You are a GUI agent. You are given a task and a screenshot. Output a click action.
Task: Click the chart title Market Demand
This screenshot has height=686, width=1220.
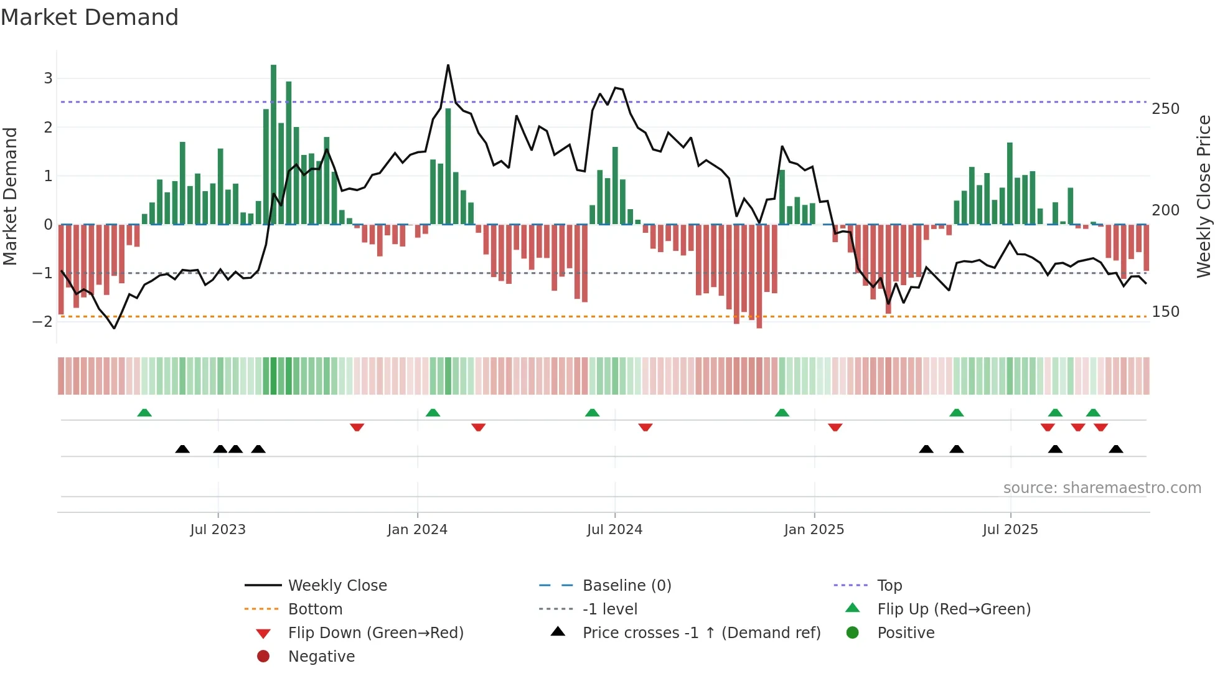tap(90, 17)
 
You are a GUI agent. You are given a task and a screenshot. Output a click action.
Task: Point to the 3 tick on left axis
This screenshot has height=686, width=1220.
tap(48, 78)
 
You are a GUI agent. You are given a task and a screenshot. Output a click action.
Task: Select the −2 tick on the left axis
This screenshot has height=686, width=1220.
tap(43, 322)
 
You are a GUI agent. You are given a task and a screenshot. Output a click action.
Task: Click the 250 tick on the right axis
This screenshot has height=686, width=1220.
tap(1165, 109)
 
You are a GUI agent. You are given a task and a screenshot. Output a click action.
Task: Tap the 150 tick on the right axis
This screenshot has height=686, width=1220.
tap(1165, 312)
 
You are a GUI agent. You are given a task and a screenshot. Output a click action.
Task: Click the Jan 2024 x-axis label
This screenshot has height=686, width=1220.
tap(417, 530)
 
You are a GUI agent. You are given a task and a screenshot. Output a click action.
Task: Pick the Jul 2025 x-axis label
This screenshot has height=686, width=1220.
tap(1010, 530)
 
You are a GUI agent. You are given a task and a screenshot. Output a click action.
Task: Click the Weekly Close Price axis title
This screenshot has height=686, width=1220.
tap(1204, 196)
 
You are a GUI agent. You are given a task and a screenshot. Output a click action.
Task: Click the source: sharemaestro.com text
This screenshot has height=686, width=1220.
tap(1102, 488)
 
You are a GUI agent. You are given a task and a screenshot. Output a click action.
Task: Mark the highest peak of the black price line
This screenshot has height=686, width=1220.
tap(448, 65)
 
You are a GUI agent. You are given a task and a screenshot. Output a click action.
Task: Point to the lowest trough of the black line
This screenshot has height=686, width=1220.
tap(114, 328)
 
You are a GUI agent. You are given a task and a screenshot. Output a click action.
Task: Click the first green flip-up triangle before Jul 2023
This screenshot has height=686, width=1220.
tap(144, 413)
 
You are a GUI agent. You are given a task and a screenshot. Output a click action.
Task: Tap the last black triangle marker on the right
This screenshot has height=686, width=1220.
tap(1116, 449)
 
